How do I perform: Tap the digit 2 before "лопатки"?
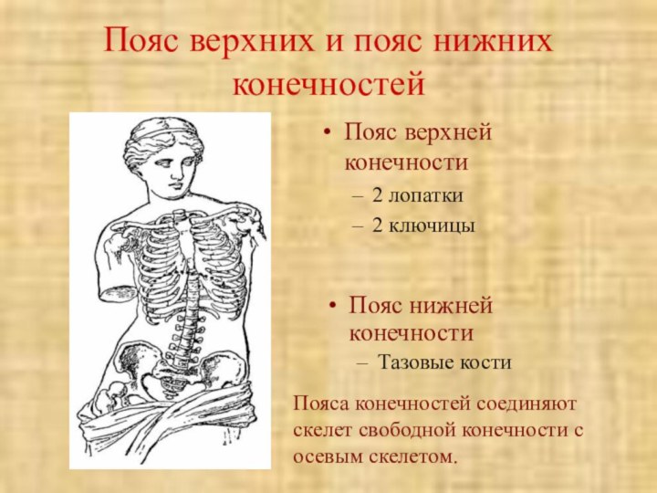coord(379,194)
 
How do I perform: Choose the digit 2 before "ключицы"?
coord(379,223)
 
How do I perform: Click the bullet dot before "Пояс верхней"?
coord(327,134)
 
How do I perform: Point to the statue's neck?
coord(173,203)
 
